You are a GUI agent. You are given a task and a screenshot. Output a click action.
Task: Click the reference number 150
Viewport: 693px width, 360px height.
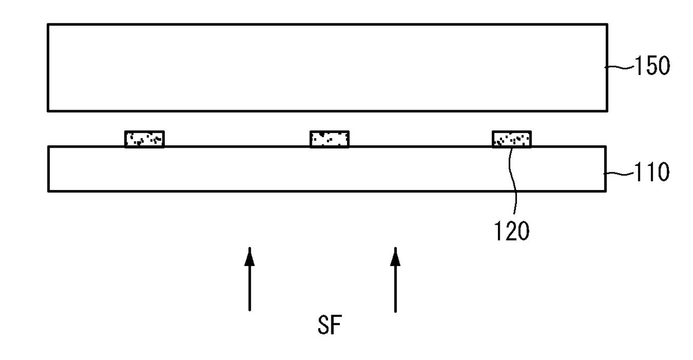(x=651, y=67)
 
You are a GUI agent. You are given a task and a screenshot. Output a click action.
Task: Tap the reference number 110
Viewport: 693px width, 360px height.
(x=651, y=173)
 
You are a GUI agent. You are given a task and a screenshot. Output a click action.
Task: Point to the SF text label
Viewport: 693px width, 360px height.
(x=328, y=326)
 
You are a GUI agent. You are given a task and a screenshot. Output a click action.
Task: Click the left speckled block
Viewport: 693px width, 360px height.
(x=144, y=139)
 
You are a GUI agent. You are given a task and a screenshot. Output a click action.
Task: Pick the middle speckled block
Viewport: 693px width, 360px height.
(x=330, y=139)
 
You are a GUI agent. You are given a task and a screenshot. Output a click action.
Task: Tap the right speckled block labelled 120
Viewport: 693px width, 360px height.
(x=511, y=139)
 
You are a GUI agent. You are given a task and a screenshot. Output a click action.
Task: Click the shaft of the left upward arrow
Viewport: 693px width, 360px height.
(x=250, y=288)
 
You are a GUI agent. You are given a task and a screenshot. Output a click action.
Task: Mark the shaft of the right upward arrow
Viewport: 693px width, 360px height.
(x=395, y=288)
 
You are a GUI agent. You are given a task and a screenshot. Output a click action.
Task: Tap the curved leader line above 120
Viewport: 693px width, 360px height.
(x=513, y=184)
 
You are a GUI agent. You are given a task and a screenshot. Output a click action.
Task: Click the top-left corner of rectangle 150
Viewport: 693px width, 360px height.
(x=48, y=25)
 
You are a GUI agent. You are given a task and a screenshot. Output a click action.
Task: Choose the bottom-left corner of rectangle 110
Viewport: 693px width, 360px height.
(x=48, y=191)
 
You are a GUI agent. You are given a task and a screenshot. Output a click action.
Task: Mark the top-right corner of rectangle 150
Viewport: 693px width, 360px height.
(x=607, y=25)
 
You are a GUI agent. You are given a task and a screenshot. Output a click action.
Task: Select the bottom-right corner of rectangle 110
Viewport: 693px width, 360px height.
(x=606, y=191)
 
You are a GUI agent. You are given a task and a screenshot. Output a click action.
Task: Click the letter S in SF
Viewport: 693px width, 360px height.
(x=322, y=326)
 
